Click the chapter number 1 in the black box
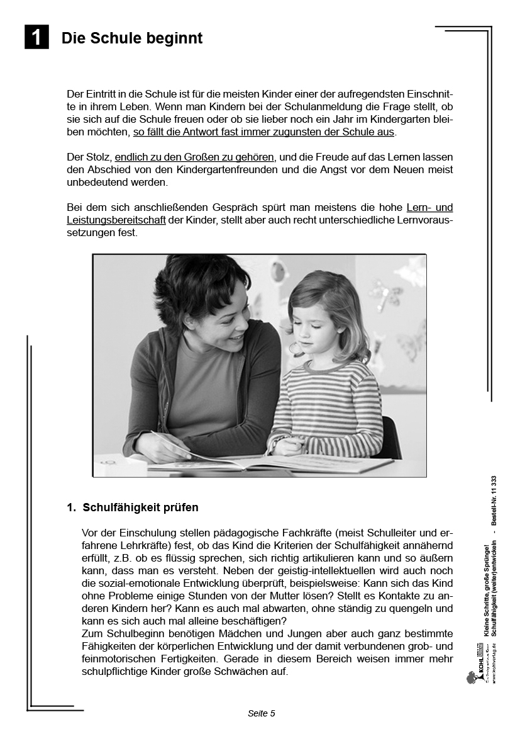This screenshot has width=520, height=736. (36, 37)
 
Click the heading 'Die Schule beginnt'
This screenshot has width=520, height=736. (132, 38)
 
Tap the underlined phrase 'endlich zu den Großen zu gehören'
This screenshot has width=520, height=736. (194, 157)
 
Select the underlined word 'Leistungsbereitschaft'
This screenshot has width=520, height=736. (116, 220)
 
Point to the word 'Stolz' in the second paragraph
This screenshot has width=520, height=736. (99, 157)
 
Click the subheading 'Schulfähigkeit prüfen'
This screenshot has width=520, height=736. (141, 507)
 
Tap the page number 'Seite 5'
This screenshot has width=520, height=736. (262, 713)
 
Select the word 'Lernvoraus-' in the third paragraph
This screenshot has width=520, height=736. (424, 220)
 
